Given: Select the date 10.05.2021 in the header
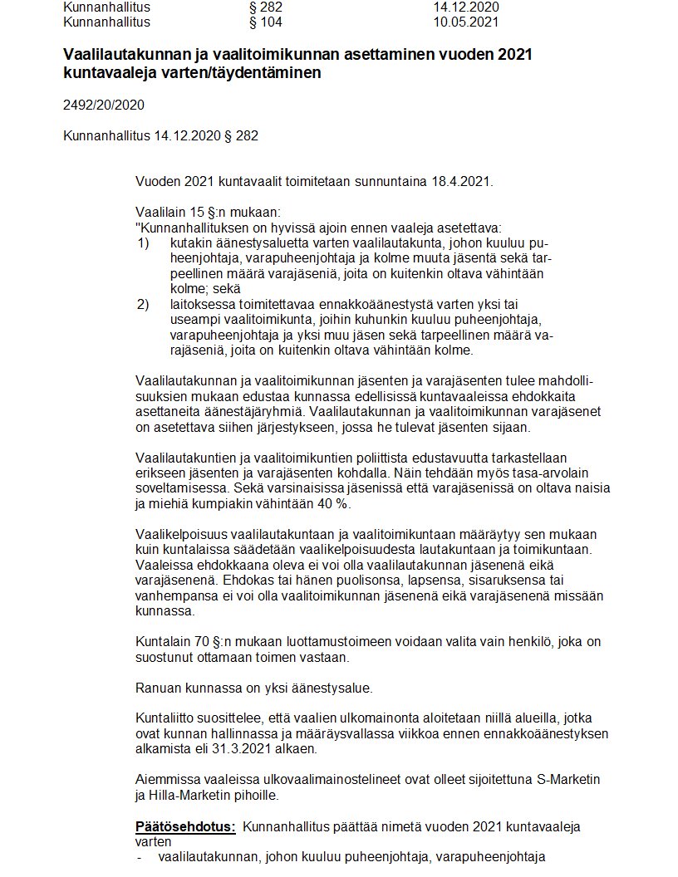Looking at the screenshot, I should click(465, 22).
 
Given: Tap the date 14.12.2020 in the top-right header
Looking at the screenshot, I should click(465, 7).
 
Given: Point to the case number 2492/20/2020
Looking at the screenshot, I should click(103, 105).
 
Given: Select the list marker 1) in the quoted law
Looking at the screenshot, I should click(142, 243).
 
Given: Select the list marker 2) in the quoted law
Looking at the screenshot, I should click(142, 304).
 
